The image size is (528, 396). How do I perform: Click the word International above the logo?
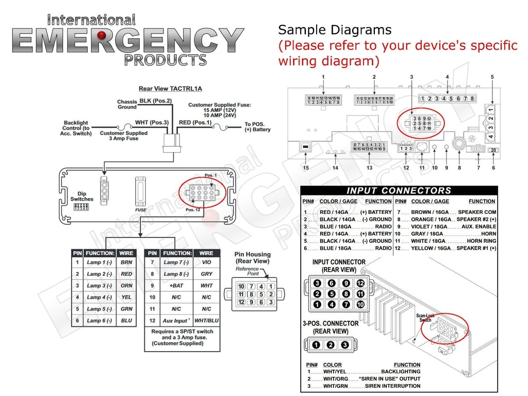[91, 20]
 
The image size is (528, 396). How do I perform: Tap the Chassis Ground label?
[127, 104]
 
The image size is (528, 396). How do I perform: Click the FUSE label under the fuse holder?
[141, 210]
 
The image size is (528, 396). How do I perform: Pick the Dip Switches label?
[82, 196]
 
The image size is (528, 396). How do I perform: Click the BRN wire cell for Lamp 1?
[126, 262]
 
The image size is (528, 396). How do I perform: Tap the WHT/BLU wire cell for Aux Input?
[206, 320]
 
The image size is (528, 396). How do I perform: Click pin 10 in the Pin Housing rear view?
[241, 287]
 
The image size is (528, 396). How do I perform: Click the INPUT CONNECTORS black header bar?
[399, 191]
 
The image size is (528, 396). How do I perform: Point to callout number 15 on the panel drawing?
[306, 168]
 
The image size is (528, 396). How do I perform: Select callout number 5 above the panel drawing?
[492, 77]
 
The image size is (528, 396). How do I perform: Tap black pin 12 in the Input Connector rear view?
[360, 283]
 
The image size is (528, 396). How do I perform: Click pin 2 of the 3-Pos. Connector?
[331, 345]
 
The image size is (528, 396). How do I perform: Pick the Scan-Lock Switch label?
[425, 318]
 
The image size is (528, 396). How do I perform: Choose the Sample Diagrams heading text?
[335, 29]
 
